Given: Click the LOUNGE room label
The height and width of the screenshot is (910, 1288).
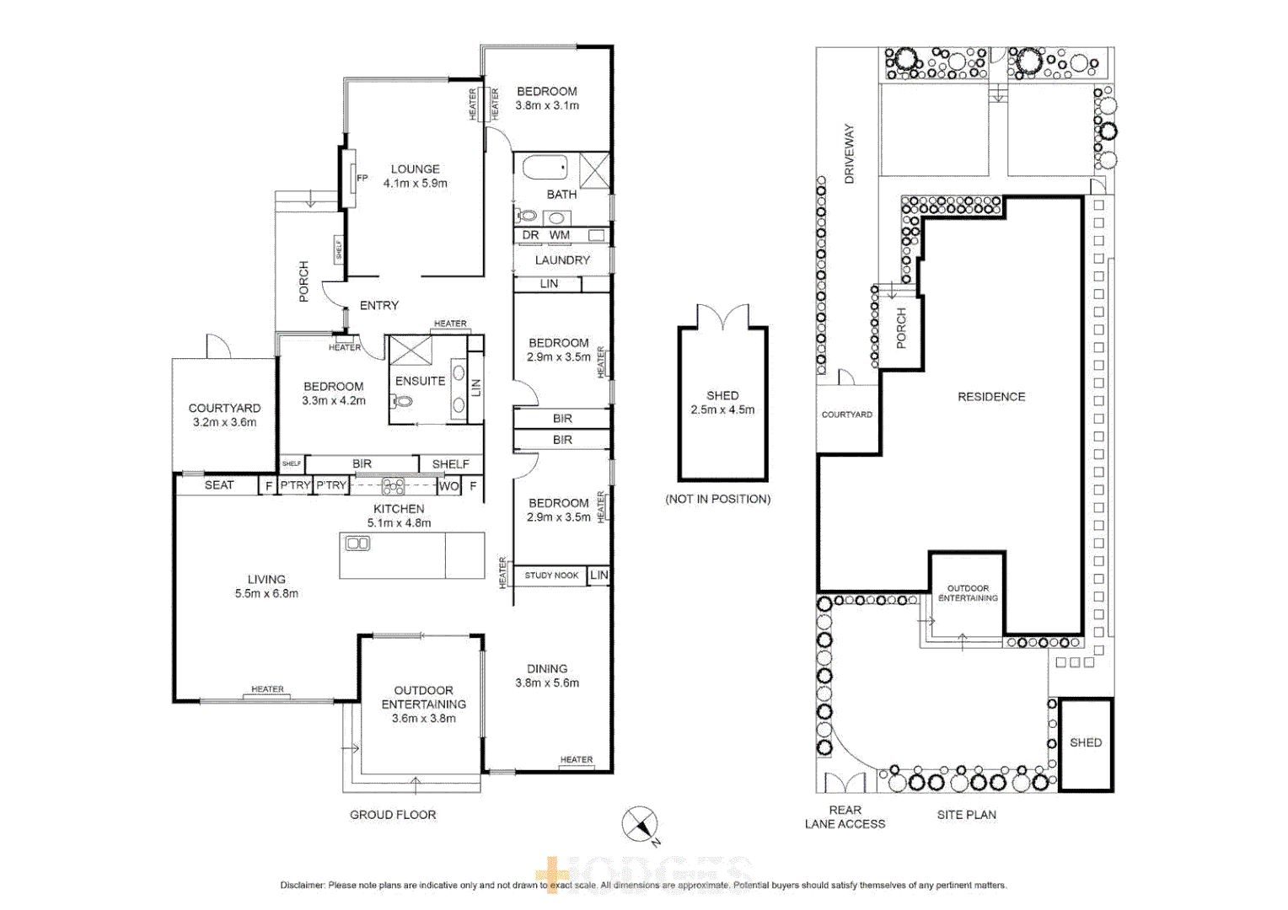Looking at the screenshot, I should click(x=415, y=169).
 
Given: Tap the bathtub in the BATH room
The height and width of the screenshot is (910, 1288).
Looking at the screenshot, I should click(x=545, y=168).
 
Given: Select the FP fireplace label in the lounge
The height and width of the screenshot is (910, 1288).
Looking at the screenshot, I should click(x=362, y=178).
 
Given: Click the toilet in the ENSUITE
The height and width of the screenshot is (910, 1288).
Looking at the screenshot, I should click(x=402, y=402).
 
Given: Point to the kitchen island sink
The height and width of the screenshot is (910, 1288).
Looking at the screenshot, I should click(x=357, y=543).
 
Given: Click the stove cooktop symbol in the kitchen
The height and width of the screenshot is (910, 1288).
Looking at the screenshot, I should click(x=393, y=486).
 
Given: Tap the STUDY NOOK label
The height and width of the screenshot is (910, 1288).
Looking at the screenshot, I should click(x=551, y=575).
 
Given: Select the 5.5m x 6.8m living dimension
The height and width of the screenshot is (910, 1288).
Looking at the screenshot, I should click(x=266, y=593).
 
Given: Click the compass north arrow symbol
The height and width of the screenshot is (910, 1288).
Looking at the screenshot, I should click(x=640, y=823).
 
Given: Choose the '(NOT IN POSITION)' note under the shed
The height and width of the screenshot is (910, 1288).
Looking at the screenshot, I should click(x=717, y=499).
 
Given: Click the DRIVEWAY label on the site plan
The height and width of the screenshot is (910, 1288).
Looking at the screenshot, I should click(x=849, y=154).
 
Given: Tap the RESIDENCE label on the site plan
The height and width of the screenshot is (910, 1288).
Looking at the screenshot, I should click(x=991, y=397).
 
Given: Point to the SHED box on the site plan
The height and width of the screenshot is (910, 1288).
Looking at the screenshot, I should click(x=1086, y=743).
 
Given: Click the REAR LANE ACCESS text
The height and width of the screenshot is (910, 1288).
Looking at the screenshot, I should click(x=845, y=817).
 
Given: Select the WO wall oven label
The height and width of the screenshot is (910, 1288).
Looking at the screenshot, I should click(x=448, y=486).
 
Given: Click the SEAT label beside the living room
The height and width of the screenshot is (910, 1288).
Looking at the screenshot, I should click(x=219, y=485).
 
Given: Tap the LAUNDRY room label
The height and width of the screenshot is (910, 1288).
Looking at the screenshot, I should click(x=562, y=260).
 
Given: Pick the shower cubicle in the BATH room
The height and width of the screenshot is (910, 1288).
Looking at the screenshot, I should click(x=594, y=170).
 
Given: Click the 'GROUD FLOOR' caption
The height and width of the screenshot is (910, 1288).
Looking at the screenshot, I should click(x=393, y=815).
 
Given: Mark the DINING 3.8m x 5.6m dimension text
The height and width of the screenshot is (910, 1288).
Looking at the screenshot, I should click(x=547, y=683).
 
